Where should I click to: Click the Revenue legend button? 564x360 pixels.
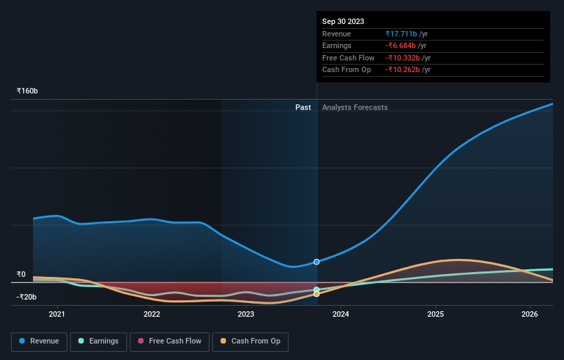pyautogui.click(x=39, y=341)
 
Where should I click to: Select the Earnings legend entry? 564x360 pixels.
pyautogui.click(x=99, y=341)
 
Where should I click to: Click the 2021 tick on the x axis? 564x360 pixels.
pyautogui.click(x=57, y=315)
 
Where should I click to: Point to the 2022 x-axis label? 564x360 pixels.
pyautogui.click(x=152, y=315)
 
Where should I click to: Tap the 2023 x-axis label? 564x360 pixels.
pyautogui.click(x=246, y=315)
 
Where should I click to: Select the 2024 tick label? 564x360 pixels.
pyautogui.click(x=341, y=315)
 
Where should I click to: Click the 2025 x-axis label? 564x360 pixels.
pyautogui.click(x=435, y=315)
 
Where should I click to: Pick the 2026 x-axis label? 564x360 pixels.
pyautogui.click(x=530, y=315)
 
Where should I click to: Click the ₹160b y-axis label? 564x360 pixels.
pyautogui.click(x=27, y=91)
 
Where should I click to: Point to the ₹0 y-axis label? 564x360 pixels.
pyautogui.click(x=21, y=274)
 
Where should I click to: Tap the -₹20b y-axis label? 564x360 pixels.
pyautogui.click(x=27, y=297)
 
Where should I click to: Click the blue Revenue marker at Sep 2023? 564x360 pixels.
pyautogui.click(x=317, y=262)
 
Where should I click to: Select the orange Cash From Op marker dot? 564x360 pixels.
pyautogui.click(x=317, y=294)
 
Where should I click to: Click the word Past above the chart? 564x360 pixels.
pyautogui.click(x=303, y=107)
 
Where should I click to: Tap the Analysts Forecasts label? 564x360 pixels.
pyautogui.click(x=354, y=107)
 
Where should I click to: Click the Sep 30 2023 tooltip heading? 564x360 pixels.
pyautogui.click(x=343, y=21)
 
